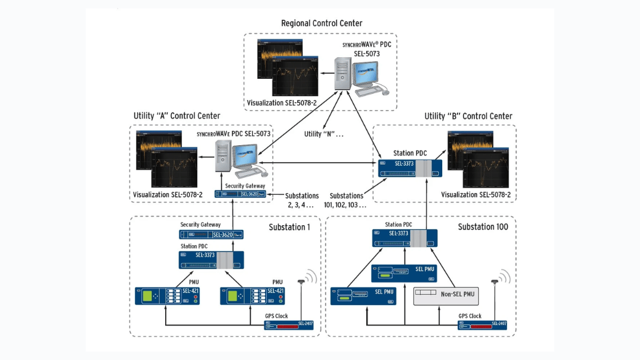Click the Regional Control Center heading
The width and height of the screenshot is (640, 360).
(321, 23)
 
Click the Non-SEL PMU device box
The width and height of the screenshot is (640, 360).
(446, 295)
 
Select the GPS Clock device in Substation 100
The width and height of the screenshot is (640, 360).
(483, 326)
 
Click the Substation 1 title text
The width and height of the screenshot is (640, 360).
(289, 227)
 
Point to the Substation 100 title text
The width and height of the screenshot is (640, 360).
(483, 227)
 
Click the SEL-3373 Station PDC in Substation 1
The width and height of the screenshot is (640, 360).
(211, 260)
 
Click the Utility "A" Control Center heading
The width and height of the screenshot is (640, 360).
(177, 116)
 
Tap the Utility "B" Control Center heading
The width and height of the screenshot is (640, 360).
(468, 116)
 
